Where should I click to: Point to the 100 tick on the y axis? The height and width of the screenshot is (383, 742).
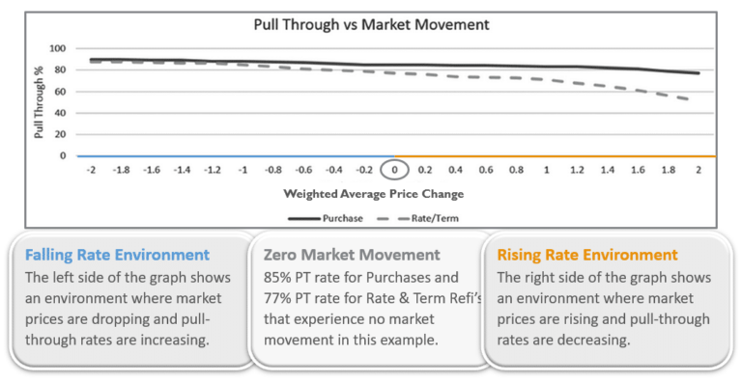click(x=57, y=48)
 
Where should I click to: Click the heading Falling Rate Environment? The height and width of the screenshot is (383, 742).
click(x=117, y=255)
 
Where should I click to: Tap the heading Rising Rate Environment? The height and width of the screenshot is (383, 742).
click(x=587, y=255)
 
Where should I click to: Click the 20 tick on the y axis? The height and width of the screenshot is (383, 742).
click(x=60, y=134)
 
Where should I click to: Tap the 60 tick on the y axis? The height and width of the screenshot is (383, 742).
click(x=60, y=91)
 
